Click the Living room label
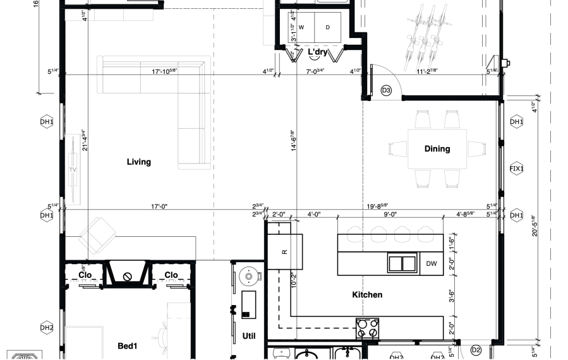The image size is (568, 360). pyautogui.click(x=139, y=162)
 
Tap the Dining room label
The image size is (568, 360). pyautogui.click(x=437, y=149)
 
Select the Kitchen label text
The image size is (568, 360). pyautogui.click(x=367, y=294)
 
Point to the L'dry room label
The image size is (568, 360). pyautogui.click(x=317, y=52)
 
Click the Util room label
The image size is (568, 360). pyautogui.click(x=249, y=335)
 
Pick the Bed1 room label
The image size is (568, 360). pyautogui.click(x=128, y=345)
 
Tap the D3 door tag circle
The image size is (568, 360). pyautogui.click(x=387, y=91)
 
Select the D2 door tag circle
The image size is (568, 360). pyautogui.click(x=476, y=350)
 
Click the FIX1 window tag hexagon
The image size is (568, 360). pyautogui.click(x=517, y=168)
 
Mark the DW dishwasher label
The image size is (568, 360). pyautogui.click(x=432, y=264)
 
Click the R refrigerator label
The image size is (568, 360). pyautogui.click(x=285, y=251)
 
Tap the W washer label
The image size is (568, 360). pyautogui.click(x=301, y=27)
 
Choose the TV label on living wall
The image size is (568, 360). pyautogui.click(x=73, y=171)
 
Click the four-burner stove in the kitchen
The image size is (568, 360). pyautogui.click(x=367, y=328)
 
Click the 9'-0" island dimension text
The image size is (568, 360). pyautogui.click(x=390, y=214)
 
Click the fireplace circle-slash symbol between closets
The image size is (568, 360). pyautogui.click(x=128, y=276)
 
